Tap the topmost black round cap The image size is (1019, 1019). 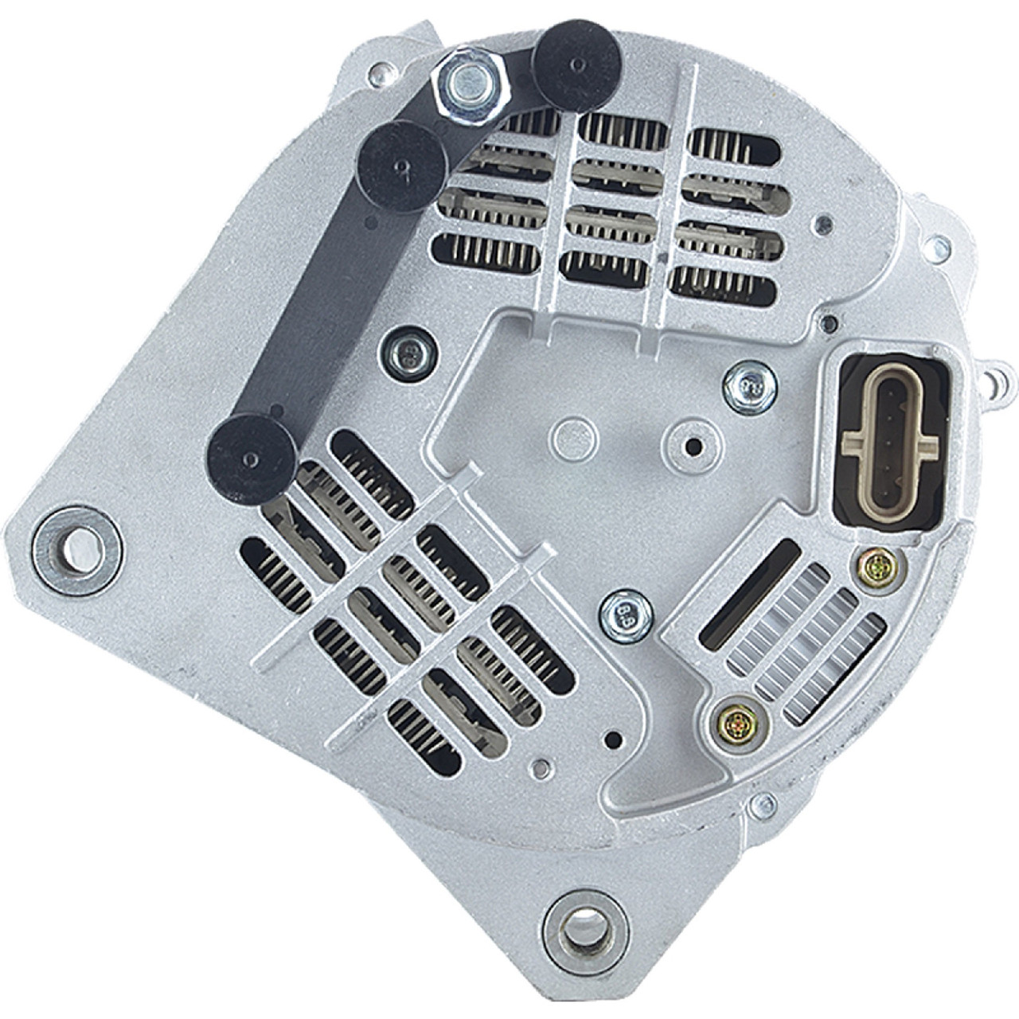576,66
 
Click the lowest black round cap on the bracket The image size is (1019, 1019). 252,459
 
